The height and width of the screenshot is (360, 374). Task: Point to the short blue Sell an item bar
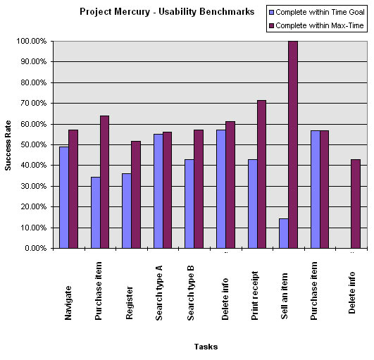[283, 233]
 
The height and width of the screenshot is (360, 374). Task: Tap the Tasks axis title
[205, 346]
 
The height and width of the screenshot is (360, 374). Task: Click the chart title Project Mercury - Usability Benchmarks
[167, 12]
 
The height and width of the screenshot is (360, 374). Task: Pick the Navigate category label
[68, 304]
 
